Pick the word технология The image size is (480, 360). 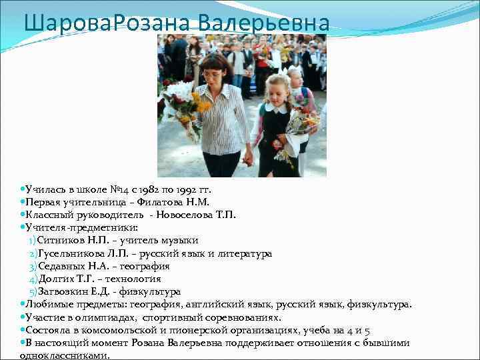point(135,279)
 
